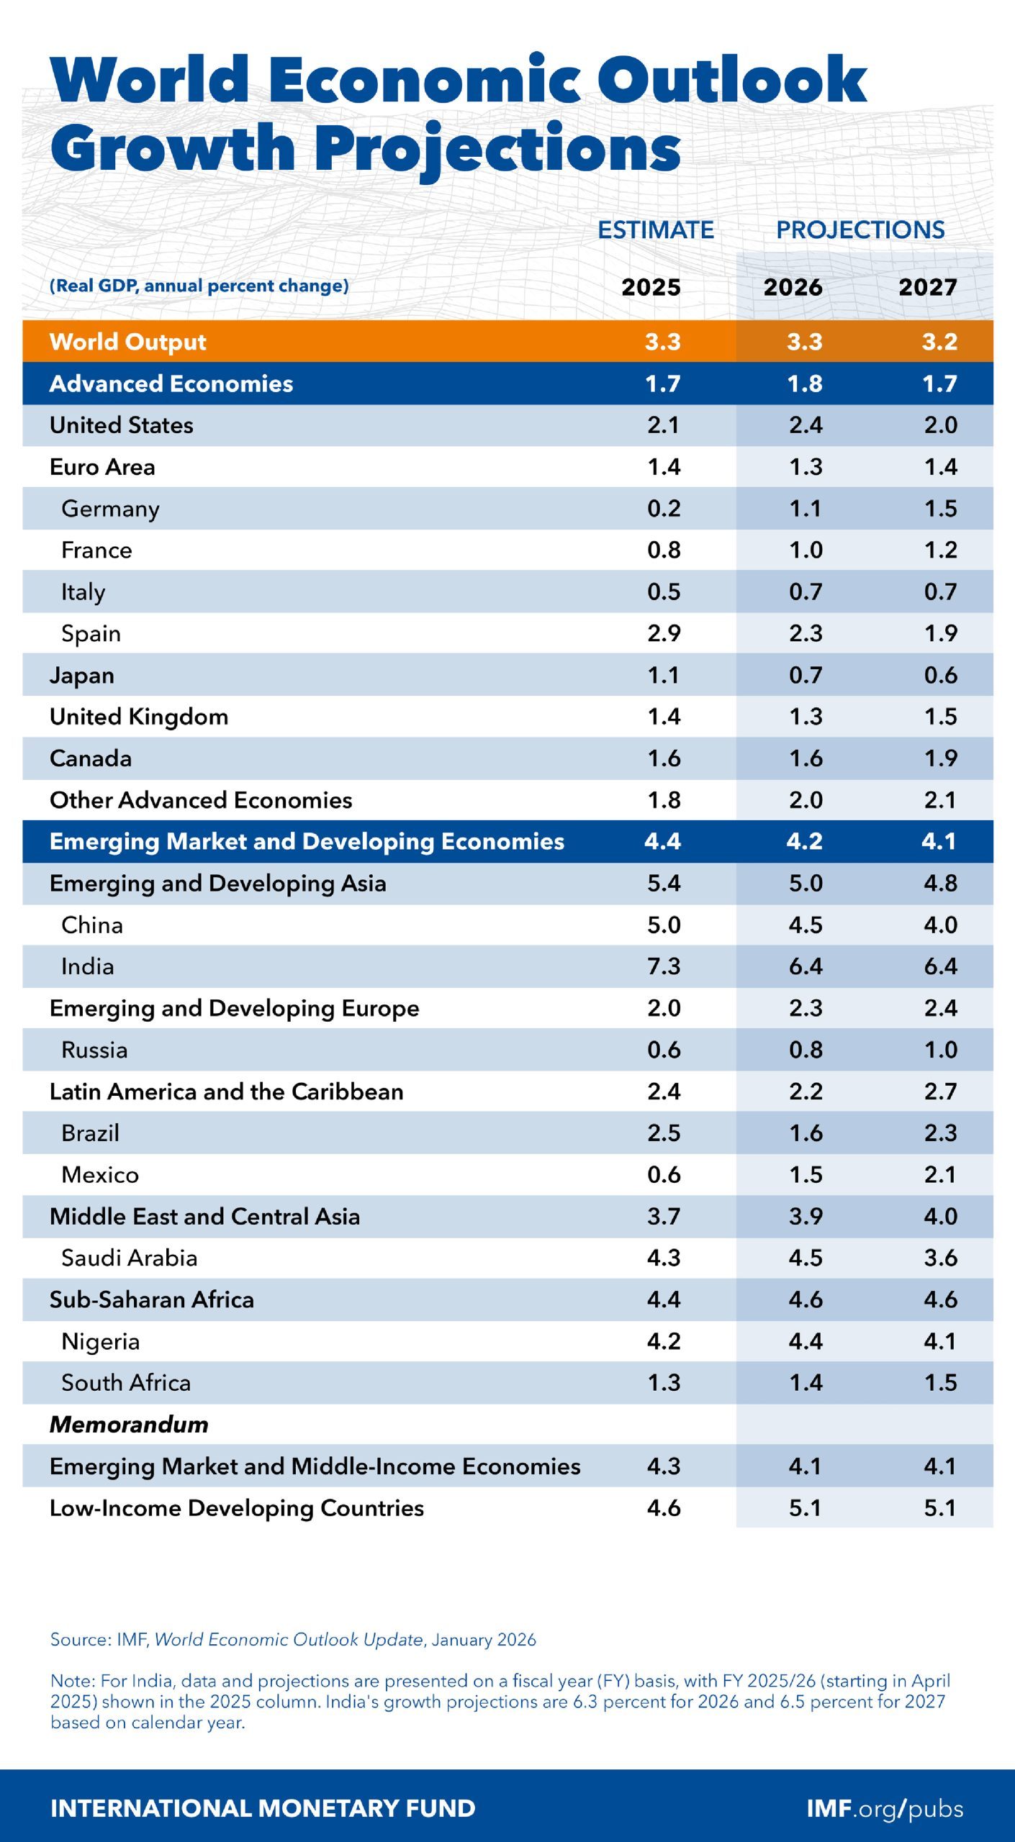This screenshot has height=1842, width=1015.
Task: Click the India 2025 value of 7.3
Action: click(663, 966)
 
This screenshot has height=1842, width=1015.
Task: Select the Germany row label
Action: click(110, 509)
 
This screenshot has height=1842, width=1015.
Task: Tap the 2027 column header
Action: click(927, 287)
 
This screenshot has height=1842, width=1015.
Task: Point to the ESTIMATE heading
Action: click(656, 230)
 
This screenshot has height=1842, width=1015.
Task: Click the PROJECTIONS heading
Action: click(860, 230)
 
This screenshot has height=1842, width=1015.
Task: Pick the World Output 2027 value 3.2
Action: click(939, 341)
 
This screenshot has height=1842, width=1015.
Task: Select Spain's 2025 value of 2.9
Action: click(663, 633)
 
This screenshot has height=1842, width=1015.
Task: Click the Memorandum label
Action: click(129, 1424)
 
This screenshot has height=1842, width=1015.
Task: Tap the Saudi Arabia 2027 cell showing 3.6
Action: click(940, 1258)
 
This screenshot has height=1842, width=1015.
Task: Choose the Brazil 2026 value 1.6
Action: click(805, 1133)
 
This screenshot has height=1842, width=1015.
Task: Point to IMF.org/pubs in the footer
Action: click(884, 1808)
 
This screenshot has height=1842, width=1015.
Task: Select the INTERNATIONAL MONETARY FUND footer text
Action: click(263, 1808)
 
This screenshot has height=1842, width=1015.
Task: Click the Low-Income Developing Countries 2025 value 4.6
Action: click(663, 1507)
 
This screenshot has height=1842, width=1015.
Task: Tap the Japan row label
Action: click(81, 676)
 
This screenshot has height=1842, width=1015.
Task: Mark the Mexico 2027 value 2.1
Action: click(940, 1175)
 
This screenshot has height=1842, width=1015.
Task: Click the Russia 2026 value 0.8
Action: click(805, 1050)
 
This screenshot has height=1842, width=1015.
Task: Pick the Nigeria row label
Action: click(100, 1341)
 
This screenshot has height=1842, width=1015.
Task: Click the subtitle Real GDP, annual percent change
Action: click(199, 286)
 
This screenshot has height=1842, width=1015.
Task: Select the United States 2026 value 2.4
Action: click(805, 425)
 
